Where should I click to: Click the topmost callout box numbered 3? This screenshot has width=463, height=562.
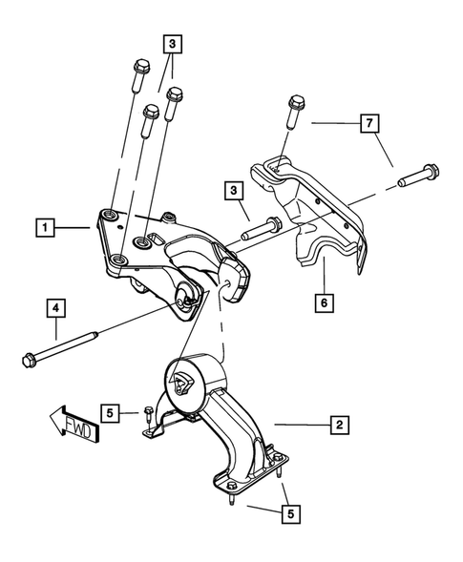click(x=172, y=44)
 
